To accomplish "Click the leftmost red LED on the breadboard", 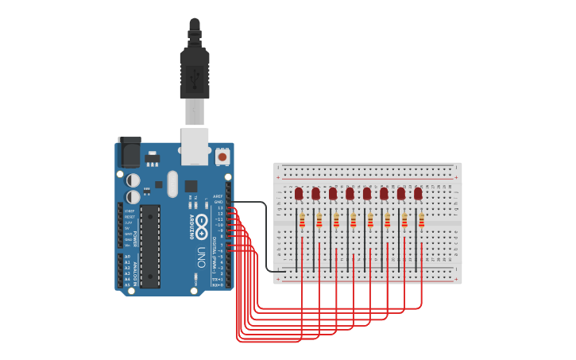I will (299, 193).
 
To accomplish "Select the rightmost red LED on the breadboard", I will (418, 193).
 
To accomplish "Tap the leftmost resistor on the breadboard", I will (303, 221).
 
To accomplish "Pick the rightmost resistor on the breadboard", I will (422, 221).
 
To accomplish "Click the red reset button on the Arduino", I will (222, 157).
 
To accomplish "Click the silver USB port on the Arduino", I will (195, 146).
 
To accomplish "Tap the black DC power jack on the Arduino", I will (129, 153).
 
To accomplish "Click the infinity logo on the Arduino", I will (202, 223).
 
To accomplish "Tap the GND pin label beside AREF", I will (218, 202).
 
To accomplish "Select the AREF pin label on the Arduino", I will (218, 195).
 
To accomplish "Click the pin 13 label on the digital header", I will (220, 207).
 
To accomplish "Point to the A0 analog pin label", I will (127, 256).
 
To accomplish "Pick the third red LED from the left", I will (333, 193).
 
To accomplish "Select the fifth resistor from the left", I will (371, 221).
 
